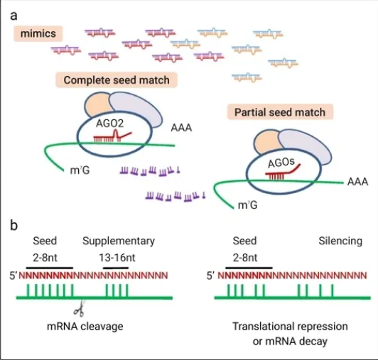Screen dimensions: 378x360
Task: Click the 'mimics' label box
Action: pos(38,33)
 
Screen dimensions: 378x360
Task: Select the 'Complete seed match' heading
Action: pos(117,80)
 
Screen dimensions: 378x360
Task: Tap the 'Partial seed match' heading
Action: pos(280,112)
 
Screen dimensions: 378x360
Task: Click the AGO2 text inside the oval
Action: pos(109,124)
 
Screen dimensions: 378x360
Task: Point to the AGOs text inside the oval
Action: pos(281,163)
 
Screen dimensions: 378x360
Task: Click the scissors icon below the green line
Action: pos(80,309)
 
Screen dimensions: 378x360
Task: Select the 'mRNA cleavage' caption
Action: pos(85,327)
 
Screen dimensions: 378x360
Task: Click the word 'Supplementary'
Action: pos(119,241)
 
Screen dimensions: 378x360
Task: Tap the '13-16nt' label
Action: pos(117,258)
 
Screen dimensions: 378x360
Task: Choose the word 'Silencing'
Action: pos(340,241)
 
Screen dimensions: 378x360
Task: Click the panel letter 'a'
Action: pos(14,16)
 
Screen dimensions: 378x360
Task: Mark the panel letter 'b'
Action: pos(14,226)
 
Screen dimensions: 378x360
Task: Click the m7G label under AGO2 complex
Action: pos(80,170)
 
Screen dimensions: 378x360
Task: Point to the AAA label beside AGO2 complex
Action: pos(181,128)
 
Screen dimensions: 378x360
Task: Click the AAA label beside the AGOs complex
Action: pos(358,182)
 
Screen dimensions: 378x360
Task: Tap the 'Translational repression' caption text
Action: pos(290,327)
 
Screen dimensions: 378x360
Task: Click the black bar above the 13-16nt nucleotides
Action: pos(116,268)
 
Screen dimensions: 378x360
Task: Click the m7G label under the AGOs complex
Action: pos(247,205)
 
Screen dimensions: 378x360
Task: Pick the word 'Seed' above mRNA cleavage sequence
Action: pos(45,241)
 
